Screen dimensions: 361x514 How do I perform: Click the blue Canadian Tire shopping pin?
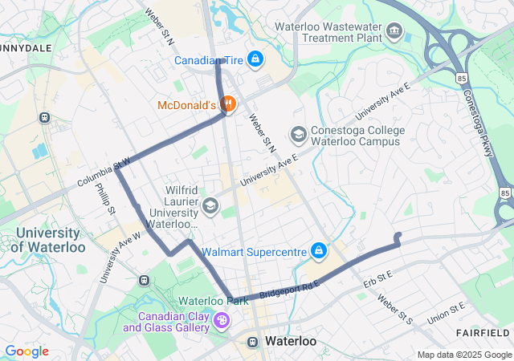255,59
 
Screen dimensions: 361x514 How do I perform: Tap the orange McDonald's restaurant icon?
228,104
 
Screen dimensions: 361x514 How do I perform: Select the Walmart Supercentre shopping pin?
319,251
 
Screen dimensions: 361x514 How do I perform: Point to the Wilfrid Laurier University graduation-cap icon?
210,206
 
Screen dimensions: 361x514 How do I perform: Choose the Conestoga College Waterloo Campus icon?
298,133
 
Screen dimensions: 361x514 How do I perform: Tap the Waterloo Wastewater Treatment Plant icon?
394,32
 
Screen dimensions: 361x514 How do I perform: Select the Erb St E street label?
377,280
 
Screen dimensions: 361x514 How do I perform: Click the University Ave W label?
120,258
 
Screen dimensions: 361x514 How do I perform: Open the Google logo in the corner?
27,351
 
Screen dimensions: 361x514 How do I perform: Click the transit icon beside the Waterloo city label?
252,341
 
